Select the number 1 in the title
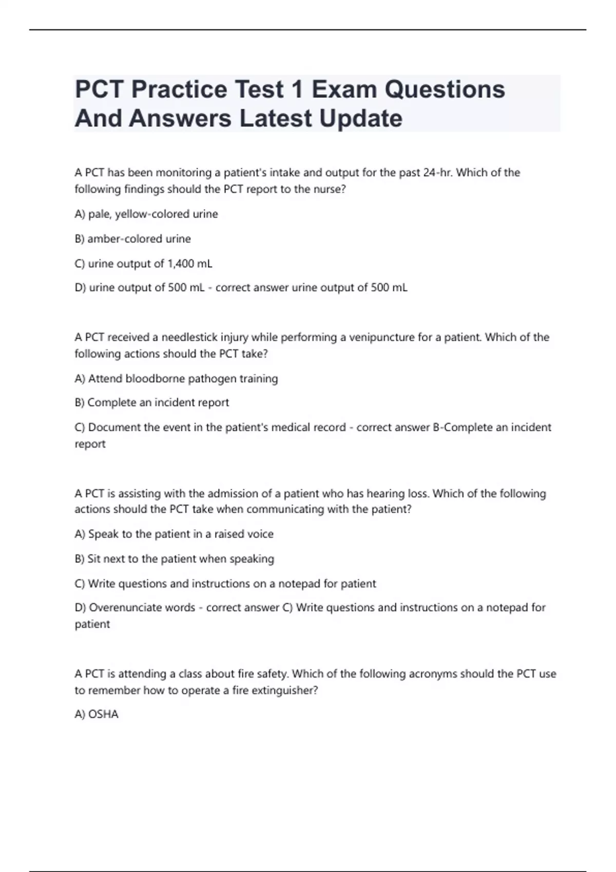tap(296, 90)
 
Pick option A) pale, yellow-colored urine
tap(146, 214)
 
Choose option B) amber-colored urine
tap(132, 239)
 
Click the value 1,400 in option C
tap(181, 264)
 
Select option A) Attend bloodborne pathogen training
tap(176, 379)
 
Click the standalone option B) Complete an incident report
tap(152, 403)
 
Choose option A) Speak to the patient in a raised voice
tap(174, 534)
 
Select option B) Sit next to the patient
tap(174, 559)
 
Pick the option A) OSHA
tap(97, 715)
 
